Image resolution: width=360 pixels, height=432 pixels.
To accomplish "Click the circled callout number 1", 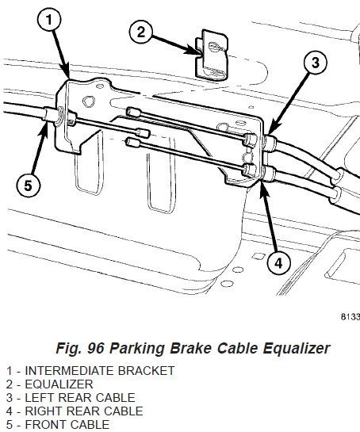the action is tap(49, 20).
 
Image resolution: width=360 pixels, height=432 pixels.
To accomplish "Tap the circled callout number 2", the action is tap(140, 32).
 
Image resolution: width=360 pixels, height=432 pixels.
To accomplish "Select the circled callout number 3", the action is tap(316, 63).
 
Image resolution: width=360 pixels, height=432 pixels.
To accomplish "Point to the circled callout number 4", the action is tap(278, 263).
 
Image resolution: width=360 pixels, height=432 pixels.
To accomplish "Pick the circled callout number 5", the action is tap(28, 185).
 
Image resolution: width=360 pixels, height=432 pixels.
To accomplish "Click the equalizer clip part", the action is tap(212, 55).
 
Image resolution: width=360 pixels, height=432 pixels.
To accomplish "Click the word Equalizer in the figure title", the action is tap(297, 348).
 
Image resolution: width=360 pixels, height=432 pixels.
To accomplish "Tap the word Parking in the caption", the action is tap(137, 348).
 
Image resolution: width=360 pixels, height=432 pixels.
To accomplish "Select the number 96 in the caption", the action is tap(95, 348).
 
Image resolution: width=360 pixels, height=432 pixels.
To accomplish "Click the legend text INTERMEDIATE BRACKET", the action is tap(100, 370).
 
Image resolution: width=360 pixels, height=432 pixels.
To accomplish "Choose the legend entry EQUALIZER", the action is tap(59, 384).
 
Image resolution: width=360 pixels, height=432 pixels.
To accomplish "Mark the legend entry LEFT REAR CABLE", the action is tap(80, 398).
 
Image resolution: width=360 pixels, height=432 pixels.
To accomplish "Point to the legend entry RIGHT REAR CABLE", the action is tap(84, 411).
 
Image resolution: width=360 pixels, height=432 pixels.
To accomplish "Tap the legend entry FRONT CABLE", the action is tap(67, 425).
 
